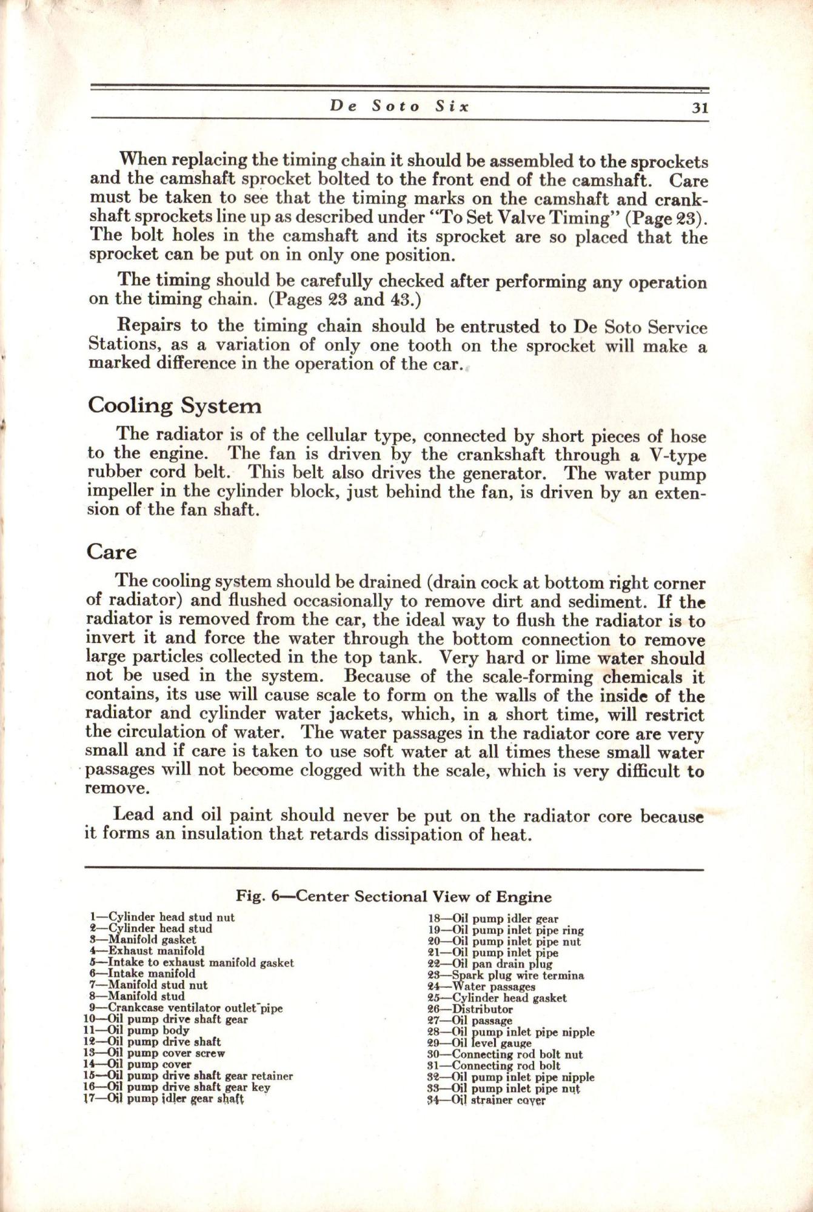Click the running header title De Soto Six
click(x=400, y=107)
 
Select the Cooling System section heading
click(x=175, y=405)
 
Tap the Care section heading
click(x=112, y=552)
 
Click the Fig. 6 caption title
click(x=394, y=896)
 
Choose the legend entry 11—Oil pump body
click(x=136, y=1030)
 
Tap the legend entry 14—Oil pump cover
click(x=137, y=1064)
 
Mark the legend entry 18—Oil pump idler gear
click(x=493, y=919)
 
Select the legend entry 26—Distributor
click(x=470, y=1009)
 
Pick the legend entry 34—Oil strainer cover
click(x=487, y=1100)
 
